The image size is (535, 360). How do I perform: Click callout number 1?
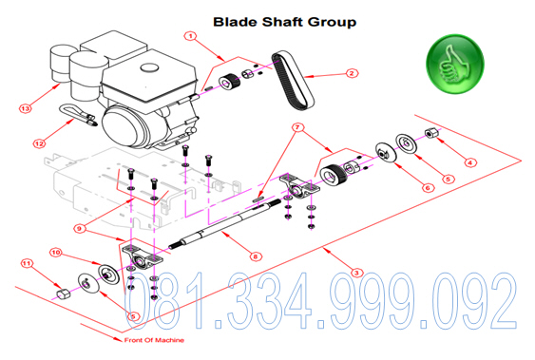click(190, 36)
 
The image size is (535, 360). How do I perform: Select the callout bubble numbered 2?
click(352, 73)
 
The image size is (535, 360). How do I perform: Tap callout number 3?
click(356, 273)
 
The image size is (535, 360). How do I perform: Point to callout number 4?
click(470, 162)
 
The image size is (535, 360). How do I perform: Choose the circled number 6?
click(428, 187)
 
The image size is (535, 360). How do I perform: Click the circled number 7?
click(297, 127)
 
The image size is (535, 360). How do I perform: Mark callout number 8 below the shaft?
click(256, 256)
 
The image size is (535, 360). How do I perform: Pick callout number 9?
click(80, 228)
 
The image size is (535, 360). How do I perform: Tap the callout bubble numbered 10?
click(56, 253)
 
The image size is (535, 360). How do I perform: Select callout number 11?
click(27, 263)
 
